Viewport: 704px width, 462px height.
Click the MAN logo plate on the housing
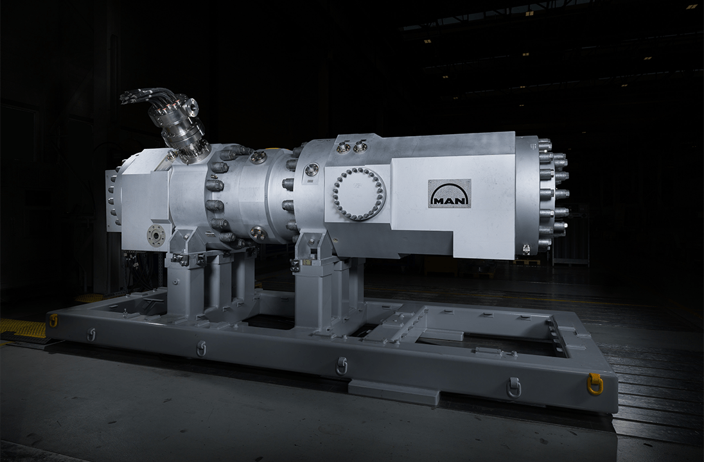(449, 193)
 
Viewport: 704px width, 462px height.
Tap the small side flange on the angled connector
(191, 107)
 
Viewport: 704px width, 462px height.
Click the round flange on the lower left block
(155, 235)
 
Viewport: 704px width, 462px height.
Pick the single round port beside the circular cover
(312, 169)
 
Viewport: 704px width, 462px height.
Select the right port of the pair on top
(361, 147)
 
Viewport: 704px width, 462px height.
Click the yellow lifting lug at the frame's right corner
(595, 384)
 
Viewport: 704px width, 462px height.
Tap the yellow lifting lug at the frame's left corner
(53, 320)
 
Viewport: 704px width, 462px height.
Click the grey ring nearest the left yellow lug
(91, 334)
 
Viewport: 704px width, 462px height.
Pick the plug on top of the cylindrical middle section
(258, 157)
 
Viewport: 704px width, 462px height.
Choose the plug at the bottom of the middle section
(258, 234)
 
